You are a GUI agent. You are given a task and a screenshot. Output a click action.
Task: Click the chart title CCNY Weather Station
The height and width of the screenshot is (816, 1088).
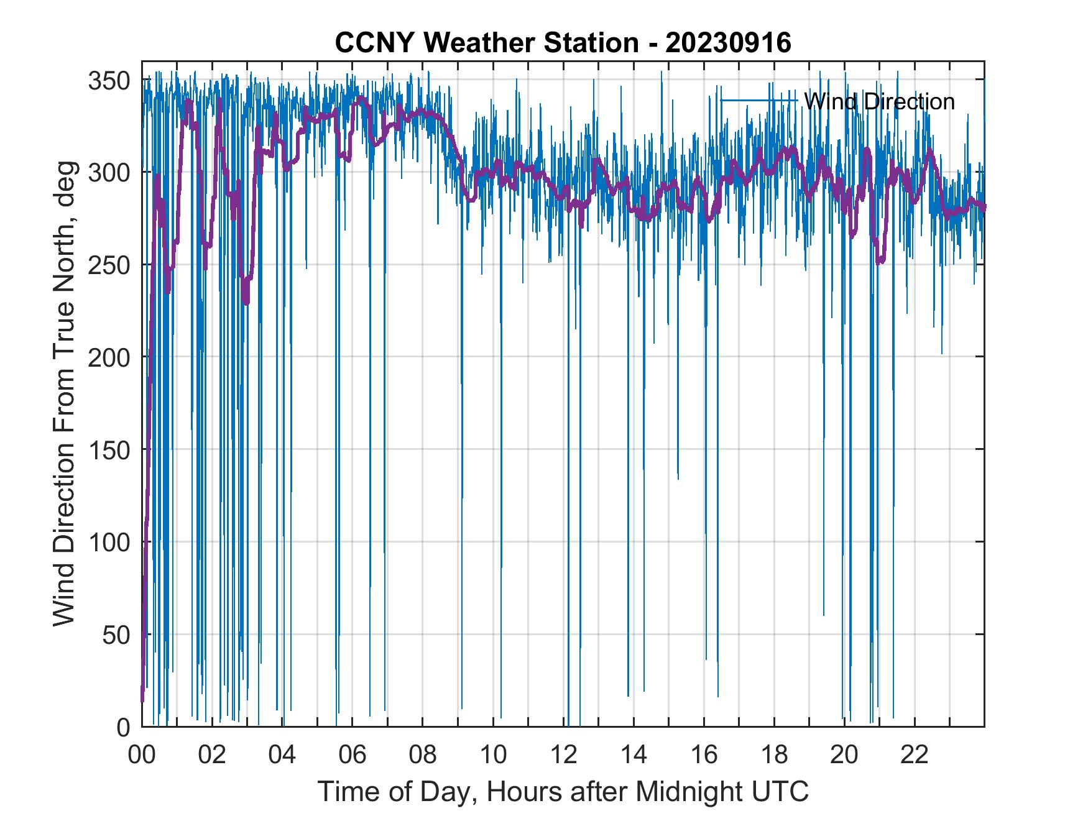pos(487,43)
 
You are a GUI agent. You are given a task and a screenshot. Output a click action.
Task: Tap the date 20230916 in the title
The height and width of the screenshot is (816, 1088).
pos(728,43)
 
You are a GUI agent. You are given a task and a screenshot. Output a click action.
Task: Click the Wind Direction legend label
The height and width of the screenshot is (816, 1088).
pos(879,101)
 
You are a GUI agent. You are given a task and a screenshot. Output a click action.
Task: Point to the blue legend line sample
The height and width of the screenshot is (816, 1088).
pos(759,101)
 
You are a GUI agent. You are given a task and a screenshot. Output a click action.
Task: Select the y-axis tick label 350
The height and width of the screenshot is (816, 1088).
pos(109,81)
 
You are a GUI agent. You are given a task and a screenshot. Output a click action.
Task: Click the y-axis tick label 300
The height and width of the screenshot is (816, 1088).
pos(109,173)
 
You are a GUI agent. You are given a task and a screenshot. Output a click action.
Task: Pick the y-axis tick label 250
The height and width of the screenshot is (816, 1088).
pos(109,265)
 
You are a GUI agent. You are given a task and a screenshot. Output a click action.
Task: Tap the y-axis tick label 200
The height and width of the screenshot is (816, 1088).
pos(109,357)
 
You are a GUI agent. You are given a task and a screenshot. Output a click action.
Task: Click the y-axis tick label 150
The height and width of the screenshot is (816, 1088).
pos(109,450)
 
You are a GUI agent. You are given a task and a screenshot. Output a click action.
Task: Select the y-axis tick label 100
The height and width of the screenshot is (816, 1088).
pos(109,543)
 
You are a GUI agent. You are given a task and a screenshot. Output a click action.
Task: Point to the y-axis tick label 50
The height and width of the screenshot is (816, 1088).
pos(116,635)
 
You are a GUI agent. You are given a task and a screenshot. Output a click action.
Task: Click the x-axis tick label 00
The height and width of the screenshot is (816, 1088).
pos(142,755)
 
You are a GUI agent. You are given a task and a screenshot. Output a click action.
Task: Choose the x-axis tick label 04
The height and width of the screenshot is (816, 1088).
pos(282,755)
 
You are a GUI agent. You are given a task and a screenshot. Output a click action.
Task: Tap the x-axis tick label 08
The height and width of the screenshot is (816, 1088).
pos(423,755)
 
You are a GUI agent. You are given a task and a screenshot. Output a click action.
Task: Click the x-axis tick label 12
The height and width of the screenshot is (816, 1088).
pos(563,755)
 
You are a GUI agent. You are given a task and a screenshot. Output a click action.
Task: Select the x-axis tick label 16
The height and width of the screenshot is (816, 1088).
pos(704,755)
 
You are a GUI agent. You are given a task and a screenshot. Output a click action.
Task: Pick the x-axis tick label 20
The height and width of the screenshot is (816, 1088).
pos(844,755)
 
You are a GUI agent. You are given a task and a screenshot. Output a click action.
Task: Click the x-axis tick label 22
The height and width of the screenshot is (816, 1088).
pos(915,755)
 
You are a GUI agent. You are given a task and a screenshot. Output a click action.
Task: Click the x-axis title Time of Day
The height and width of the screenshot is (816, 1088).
pos(563,791)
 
